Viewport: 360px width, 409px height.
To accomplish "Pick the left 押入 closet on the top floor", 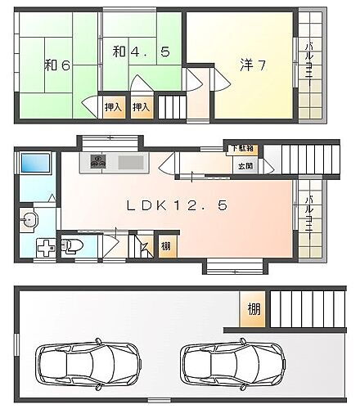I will click(114, 106).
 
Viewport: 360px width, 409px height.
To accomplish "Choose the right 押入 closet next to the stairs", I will click(142, 106).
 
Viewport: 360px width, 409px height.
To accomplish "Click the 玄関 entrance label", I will click(245, 165).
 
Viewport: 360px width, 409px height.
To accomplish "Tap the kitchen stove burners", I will click(97, 161).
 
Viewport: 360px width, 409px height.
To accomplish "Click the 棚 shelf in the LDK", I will click(166, 246).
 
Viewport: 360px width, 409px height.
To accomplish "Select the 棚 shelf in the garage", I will click(254, 310).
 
